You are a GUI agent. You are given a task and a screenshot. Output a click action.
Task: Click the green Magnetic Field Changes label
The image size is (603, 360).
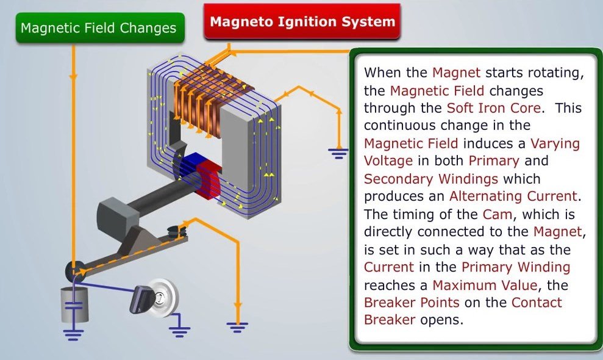[x=100, y=27]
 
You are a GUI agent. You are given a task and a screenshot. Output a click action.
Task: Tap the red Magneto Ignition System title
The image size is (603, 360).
[x=302, y=21]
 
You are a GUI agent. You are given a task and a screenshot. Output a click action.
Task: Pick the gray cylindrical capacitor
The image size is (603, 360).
[x=74, y=305]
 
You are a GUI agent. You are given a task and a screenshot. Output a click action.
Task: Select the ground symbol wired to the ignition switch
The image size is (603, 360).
[x=179, y=330]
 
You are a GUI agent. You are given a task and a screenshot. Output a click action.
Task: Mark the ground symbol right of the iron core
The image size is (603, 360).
[x=338, y=154]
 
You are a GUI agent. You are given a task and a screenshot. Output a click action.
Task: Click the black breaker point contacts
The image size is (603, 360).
[x=177, y=231]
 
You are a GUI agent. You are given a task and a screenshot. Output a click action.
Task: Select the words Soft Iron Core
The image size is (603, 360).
[x=494, y=108]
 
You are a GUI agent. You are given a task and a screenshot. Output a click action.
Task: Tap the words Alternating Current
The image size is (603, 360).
[x=513, y=196]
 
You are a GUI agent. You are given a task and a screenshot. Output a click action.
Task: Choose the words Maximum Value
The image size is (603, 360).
[x=485, y=286]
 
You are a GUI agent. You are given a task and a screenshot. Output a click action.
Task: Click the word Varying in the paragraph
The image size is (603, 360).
[x=555, y=144]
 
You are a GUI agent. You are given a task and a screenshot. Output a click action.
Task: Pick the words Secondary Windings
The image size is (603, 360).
[x=430, y=179]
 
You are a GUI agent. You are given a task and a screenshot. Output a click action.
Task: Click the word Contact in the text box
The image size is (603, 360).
[x=537, y=303]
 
